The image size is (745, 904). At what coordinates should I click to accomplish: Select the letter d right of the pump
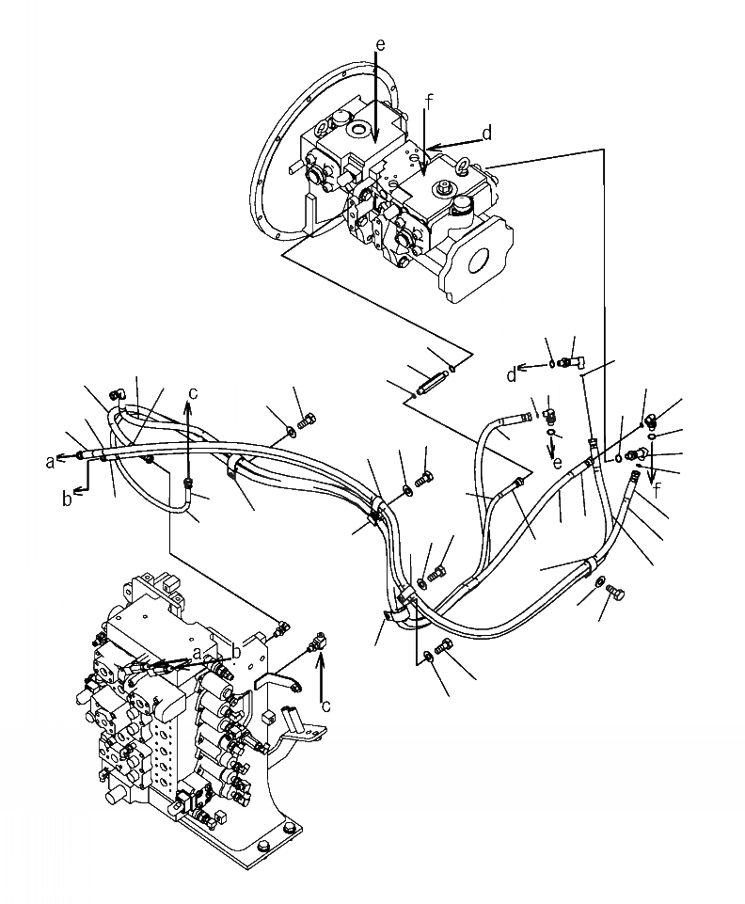point(486,135)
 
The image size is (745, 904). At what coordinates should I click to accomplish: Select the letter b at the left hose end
point(67,499)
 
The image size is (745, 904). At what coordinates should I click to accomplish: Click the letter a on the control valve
point(195,652)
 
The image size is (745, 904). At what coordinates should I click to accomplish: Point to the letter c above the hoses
point(192,393)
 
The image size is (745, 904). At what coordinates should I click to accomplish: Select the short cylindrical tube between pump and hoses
point(435,383)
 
